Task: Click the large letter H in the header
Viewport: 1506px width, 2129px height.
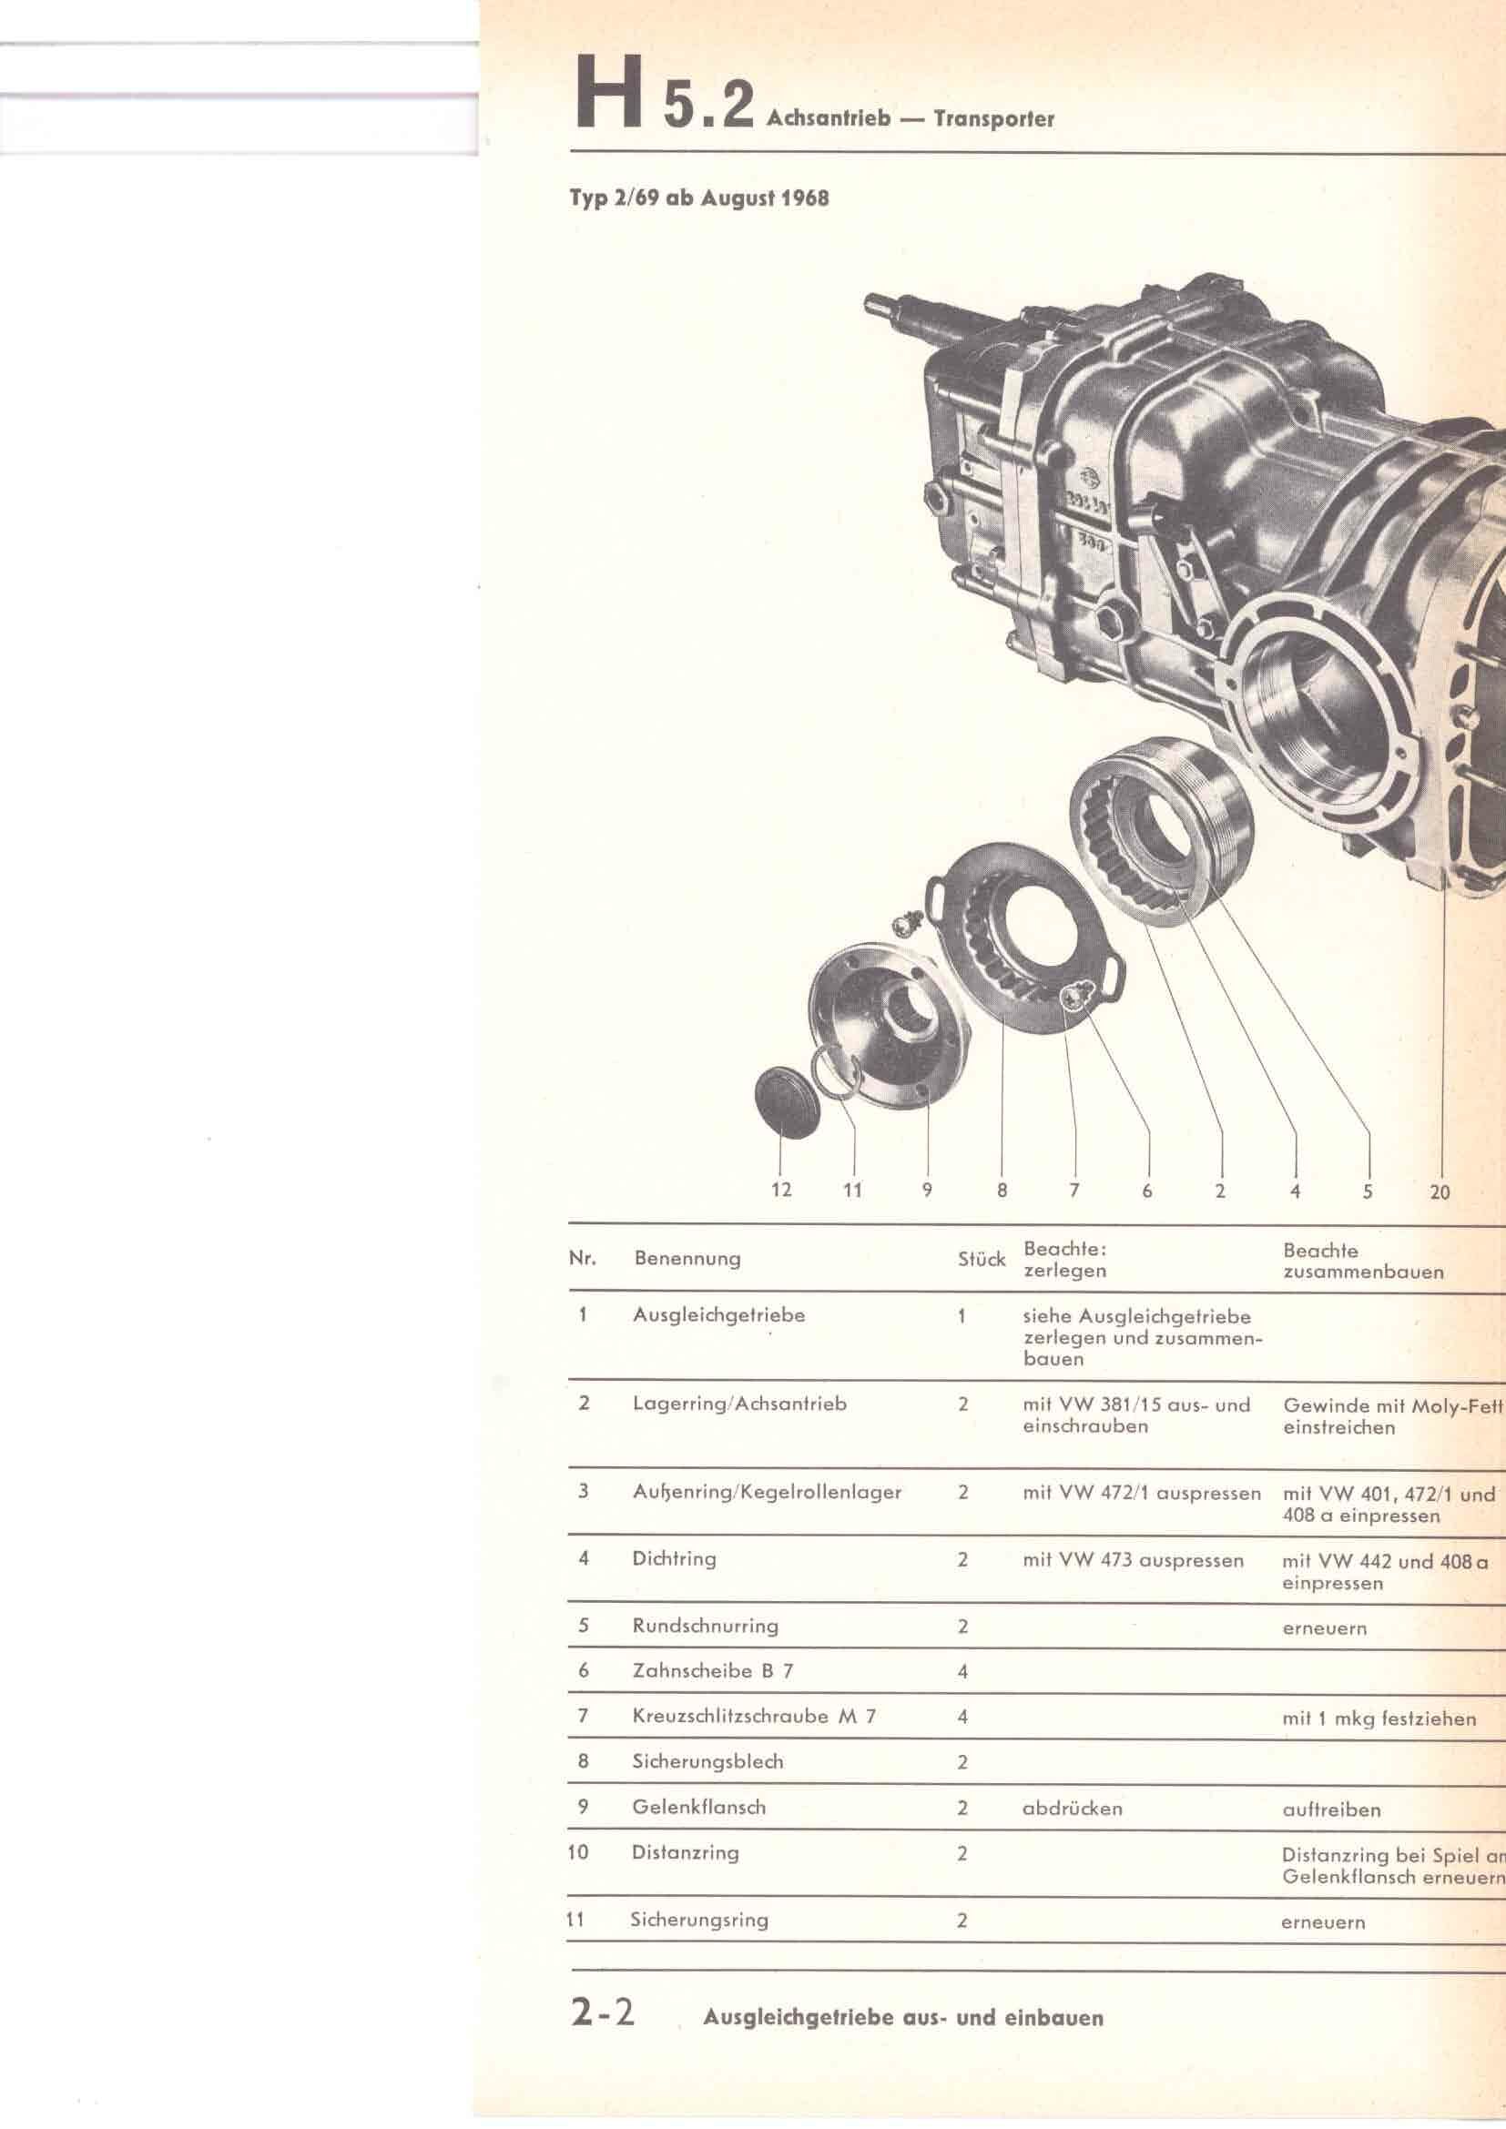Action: tap(609, 92)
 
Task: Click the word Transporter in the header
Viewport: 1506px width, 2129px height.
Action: tap(995, 118)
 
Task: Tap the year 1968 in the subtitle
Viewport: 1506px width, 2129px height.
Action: tap(804, 198)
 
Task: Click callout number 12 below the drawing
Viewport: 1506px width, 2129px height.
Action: tap(781, 1190)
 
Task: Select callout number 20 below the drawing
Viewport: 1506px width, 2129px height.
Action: tap(1440, 1191)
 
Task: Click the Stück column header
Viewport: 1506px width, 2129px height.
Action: tap(982, 1258)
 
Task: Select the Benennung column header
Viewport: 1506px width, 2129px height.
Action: tap(687, 1258)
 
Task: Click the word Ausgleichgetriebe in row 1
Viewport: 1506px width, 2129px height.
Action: tap(718, 1315)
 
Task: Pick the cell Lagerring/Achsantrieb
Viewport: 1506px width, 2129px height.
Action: tap(739, 1403)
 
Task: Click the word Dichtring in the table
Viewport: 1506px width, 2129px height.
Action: tap(674, 1557)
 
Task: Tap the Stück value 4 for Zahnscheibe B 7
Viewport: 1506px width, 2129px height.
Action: tap(962, 1671)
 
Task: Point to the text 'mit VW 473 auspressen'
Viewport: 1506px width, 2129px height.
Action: tap(1134, 1560)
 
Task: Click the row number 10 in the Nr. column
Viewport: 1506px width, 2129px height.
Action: tap(578, 1851)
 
